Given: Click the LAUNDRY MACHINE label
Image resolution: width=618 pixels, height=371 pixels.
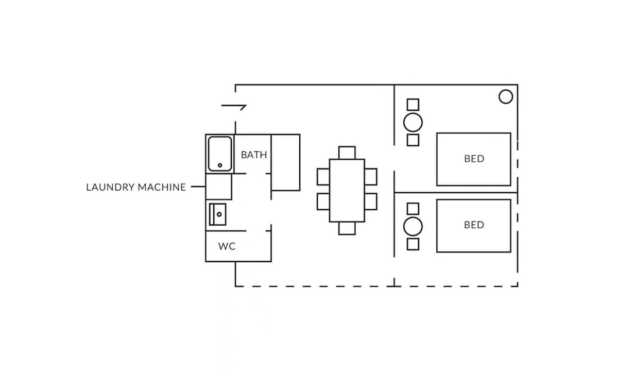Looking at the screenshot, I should pyautogui.click(x=136, y=187).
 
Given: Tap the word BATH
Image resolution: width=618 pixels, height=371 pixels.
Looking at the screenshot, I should pyautogui.click(x=254, y=155).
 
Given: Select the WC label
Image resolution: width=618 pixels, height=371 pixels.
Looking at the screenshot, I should pyautogui.click(x=227, y=246).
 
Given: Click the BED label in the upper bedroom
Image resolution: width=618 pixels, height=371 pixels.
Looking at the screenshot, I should pyautogui.click(x=474, y=159).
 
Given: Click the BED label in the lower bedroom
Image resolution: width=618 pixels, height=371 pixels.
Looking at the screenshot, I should pyautogui.click(x=474, y=225).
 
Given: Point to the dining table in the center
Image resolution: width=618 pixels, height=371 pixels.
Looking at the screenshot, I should pyautogui.click(x=347, y=190).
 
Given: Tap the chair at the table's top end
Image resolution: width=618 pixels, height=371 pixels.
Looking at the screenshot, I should pyautogui.click(x=347, y=153).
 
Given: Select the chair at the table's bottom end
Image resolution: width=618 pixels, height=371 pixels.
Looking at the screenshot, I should pyautogui.click(x=347, y=228).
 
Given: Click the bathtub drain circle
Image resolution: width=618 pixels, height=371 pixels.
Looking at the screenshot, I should pyautogui.click(x=220, y=165).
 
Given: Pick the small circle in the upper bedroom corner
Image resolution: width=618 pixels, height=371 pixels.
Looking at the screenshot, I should pyautogui.click(x=505, y=96).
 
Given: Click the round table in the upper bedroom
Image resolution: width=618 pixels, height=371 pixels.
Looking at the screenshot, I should pyautogui.click(x=413, y=123).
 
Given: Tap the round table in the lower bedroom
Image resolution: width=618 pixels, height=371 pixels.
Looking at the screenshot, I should pyautogui.click(x=413, y=227).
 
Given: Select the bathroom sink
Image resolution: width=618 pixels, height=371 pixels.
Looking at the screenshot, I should pyautogui.click(x=218, y=214).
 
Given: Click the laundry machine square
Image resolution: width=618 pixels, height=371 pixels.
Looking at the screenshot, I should pyautogui.click(x=219, y=187).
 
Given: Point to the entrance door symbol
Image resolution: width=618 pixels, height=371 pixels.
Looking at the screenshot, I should pyautogui.click(x=234, y=107).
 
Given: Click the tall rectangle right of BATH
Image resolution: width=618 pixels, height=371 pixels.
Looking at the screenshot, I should pyautogui.click(x=285, y=162).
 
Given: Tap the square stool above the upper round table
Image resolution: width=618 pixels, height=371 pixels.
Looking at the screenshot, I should pyautogui.click(x=413, y=105).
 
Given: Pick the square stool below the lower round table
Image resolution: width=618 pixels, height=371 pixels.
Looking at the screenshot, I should pyautogui.click(x=413, y=244).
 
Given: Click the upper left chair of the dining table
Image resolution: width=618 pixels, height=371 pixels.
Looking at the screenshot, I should pyautogui.click(x=323, y=176).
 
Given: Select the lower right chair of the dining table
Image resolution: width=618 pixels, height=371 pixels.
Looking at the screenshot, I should pyautogui.click(x=370, y=201).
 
